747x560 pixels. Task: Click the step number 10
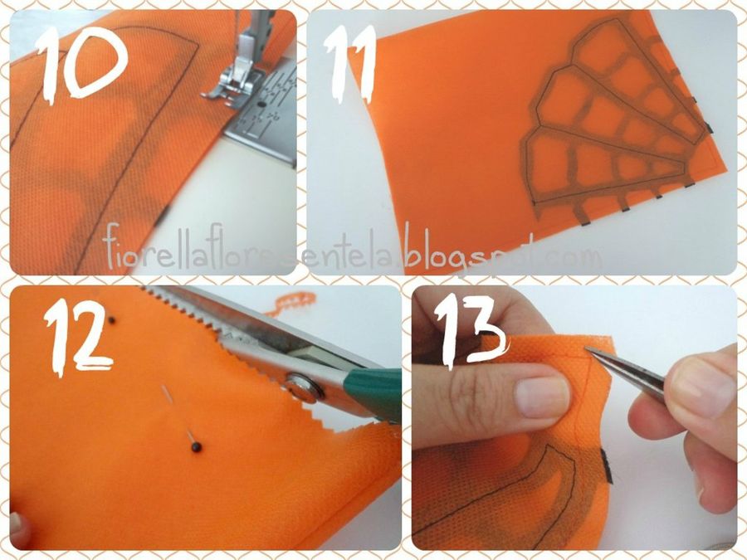click(x=83, y=64)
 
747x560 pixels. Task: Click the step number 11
click(x=349, y=64)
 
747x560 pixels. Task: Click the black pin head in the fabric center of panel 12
click(x=196, y=447)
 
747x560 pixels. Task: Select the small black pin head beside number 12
click(x=111, y=320)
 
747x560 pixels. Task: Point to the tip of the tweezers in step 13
click(x=587, y=350)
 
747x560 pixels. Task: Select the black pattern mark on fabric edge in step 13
click(x=607, y=465)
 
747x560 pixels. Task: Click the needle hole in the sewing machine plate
click(x=261, y=104)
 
